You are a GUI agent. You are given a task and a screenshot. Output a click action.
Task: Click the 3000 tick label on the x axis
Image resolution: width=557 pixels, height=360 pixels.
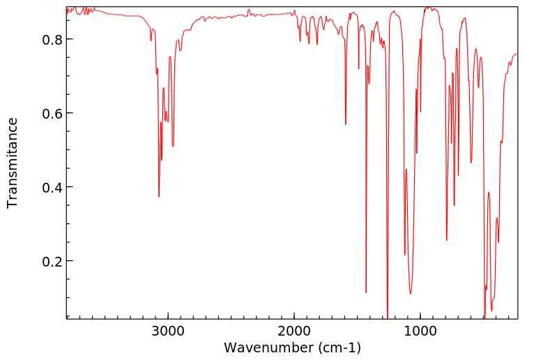click(168, 331)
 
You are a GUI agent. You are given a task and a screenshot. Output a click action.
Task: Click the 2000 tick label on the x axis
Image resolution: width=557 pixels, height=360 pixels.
click(294, 331)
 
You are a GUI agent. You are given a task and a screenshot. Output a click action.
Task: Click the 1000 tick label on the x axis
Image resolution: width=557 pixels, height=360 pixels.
click(420, 331)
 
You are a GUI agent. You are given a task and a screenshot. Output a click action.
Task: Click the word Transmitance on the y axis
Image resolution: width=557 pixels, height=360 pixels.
click(13, 163)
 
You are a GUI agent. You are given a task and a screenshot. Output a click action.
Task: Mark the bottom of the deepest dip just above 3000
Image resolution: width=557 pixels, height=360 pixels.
click(159, 197)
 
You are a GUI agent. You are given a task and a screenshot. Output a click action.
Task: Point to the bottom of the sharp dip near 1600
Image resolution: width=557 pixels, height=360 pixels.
click(346, 124)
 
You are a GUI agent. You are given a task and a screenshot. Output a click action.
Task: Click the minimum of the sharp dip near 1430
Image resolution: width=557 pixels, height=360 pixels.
click(366, 292)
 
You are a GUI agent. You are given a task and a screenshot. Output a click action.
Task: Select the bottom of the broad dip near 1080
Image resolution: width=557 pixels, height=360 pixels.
click(411, 293)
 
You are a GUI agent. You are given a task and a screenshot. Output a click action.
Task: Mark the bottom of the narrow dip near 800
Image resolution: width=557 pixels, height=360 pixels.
click(447, 240)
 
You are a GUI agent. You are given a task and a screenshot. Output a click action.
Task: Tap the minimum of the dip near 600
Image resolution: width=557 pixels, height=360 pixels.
click(471, 163)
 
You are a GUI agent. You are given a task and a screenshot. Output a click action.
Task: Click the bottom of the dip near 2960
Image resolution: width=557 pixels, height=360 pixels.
click(173, 146)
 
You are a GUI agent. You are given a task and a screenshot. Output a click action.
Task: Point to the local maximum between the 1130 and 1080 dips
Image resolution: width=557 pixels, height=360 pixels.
click(406, 170)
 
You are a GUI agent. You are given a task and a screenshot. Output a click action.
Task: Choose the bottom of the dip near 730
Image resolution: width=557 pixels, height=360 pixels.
click(455, 205)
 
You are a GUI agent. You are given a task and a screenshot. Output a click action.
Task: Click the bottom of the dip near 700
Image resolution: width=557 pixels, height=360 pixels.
click(459, 175)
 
